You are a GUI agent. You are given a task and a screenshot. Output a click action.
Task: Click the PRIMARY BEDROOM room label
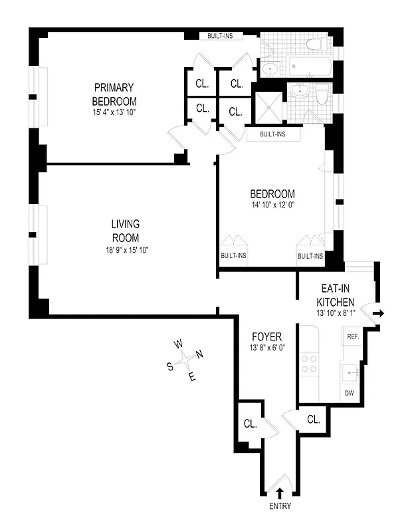click(114, 94)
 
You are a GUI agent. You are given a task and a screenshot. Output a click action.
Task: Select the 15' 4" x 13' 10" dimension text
click(114, 112)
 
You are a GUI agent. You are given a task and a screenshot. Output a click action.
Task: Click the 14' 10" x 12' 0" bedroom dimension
click(272, 205)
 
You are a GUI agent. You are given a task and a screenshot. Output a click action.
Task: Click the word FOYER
click(266, 336)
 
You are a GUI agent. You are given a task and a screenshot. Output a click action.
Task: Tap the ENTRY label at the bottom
click(279, 507)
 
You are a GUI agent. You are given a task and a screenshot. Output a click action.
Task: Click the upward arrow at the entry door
click(279, 493)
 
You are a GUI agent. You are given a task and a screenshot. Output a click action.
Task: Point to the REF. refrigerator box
click(352, 337)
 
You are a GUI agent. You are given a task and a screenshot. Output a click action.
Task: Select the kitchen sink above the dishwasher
click(350, 371)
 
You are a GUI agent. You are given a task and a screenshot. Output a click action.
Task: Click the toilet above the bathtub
click(315, 45)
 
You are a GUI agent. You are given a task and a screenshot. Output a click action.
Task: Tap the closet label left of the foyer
click(251, 424)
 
